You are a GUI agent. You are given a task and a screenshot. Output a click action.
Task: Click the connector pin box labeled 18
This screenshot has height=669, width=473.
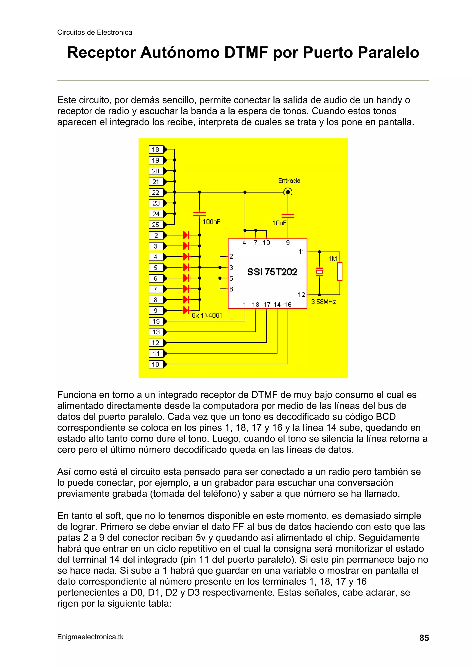pyautogui.click(x=156, y=149)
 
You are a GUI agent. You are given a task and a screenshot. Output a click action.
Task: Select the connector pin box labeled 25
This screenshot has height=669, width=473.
pyautogui.click(x=156, y=225)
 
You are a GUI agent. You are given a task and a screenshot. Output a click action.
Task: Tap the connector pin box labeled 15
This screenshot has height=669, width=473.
pyautogui.click(x=156, y=321)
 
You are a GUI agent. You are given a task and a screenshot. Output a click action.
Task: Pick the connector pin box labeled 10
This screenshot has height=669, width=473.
pyautogui.click(x=156, y=364)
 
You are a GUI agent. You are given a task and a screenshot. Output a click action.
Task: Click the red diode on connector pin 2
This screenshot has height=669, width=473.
pyautogui.click(x=186, y=235)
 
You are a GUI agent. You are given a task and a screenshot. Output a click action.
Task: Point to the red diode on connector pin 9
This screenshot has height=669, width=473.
pyautogui.click(x=186, y=310)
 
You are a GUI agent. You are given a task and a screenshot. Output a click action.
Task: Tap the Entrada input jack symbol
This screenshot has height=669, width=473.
pyautogui.click(x=288, y=192)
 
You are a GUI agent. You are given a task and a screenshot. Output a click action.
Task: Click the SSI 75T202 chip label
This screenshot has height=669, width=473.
pyautogui.click(x=272, y=272)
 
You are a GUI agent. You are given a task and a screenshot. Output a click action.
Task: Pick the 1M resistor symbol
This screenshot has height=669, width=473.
pyautogui.click(x=340, y=271)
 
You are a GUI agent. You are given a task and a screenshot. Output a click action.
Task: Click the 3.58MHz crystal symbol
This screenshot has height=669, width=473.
pyautogui.click(x=319, y=272)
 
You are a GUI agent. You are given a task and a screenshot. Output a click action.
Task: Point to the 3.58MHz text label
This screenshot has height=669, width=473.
pyautogui.click(x=324, y=302)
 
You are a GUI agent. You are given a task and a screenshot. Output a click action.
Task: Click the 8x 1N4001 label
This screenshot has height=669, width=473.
pyautogui.click(x=207, y=315)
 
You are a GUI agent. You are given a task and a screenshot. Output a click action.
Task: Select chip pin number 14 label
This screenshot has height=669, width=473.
pyautogui.click(x=277, y=305)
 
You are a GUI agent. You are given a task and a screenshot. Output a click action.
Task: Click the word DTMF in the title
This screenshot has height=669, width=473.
pyautogui.click(x=246, y=53)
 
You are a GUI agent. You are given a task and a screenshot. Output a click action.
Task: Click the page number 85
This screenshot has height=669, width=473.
pyautogui.click(x=424, y=638)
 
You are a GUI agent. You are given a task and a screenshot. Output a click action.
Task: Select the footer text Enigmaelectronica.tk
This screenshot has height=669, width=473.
pyautogui.click(x=90, y=637)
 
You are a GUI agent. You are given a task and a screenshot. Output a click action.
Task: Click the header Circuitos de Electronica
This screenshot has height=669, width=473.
pyautogui.click(x=94, y=32)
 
